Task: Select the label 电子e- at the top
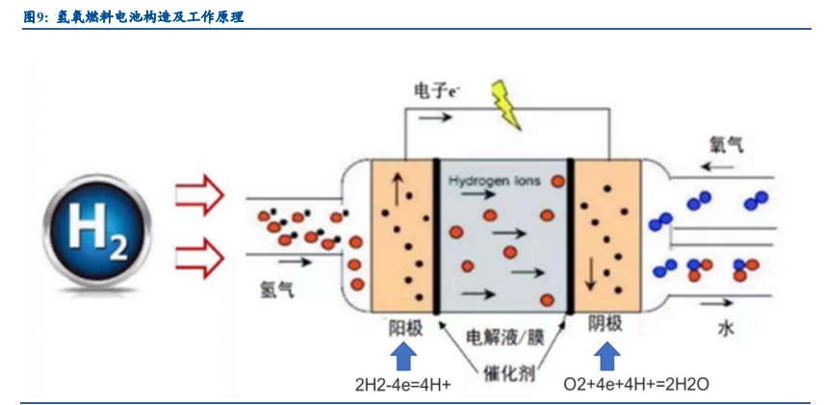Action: pos(436,91)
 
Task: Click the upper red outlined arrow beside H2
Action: pos(199,197)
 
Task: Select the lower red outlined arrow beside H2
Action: pos(199,255)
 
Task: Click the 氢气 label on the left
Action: pos(276,287)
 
